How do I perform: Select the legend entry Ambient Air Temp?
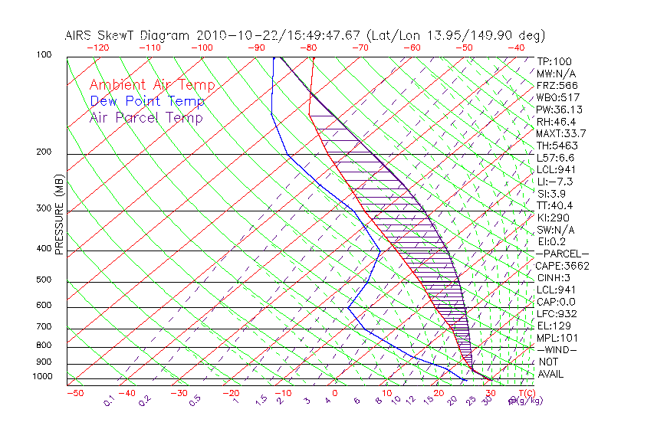pos(152,85)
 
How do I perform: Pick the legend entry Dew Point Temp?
pos(147,101)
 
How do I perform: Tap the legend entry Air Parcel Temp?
pos(146,117)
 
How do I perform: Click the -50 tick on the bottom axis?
pos(74,393)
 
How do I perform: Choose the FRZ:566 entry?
pos(557,85)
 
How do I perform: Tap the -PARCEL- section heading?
pos(562,254)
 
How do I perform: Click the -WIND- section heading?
pos(557,349)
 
